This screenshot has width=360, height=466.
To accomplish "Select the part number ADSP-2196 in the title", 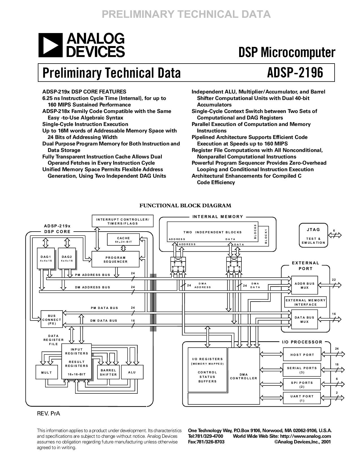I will [x=294, y=73].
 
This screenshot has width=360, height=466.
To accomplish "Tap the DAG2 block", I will [x=67, y=258].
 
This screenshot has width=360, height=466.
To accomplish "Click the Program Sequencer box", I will [x=115, y=259].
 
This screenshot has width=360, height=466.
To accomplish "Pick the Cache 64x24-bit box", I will [x=123, y=240].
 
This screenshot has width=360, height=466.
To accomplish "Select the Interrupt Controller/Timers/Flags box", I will [x=123, y=221].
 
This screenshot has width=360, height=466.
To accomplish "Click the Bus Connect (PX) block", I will [x=52, y=319].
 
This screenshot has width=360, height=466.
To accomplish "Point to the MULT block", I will [x=47, y=372].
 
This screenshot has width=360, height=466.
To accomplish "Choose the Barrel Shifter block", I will [x=108, y=372].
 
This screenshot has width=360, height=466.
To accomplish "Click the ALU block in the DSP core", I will [x=132, y=372].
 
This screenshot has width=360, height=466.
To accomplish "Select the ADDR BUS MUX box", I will [x=304, y=286].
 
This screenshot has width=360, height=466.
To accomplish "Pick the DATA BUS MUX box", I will [x=304, y=319].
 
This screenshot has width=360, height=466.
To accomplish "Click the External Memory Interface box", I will [x=306, y=302].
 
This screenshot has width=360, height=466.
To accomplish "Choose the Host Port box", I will [x=302, y=355].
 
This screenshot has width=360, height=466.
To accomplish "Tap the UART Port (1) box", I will [x=302, y=398].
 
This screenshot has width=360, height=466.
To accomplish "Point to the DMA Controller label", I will [x=243, y=376].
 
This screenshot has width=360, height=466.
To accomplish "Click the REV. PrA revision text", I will [x=49, y=414].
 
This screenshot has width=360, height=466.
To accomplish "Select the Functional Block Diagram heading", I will [x=185, y=206].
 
